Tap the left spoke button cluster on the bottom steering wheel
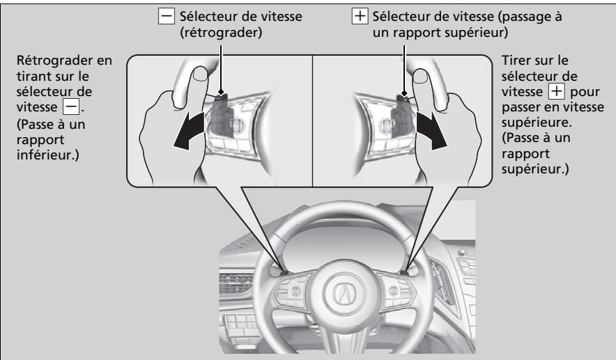tap(295, 292)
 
